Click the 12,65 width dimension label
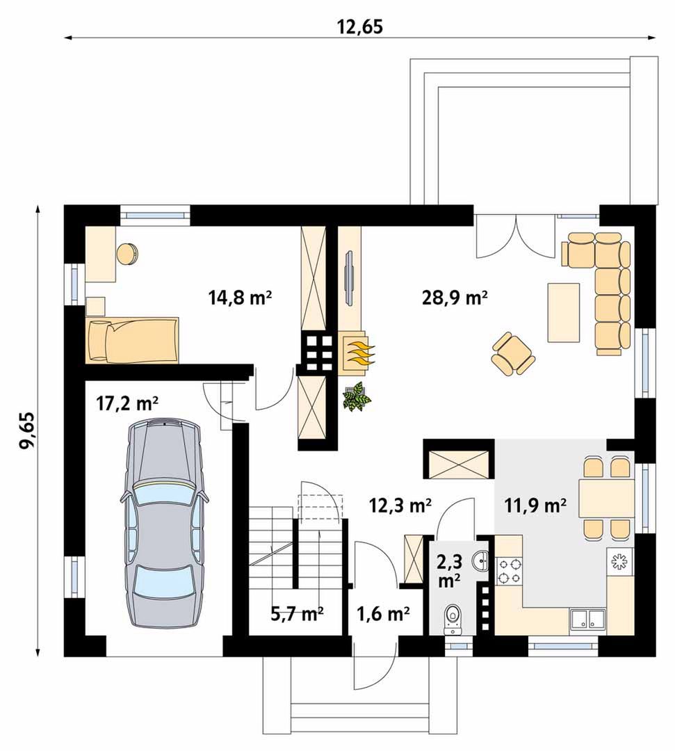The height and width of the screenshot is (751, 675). pyautogui.click(x=360, y=27)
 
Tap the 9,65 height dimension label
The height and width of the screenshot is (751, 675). pyautogui.click(x=27, y=430)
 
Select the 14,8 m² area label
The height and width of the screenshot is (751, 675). pyautogui.click(x=241, y=298)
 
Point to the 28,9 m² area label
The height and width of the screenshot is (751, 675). pyautogui.click(x=455, y=298)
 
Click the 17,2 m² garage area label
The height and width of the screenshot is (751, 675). pyautogui.click(x=127, y=404)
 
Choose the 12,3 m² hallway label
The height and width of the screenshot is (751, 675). pyautogui.click(x=400, y=505)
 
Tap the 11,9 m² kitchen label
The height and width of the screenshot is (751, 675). pyautogui.click(x=536, y=505)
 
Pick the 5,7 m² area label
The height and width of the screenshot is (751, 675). pyautogui.click(x=297, y=613)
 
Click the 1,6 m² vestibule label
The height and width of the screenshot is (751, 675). pyautogui.click(x=383, y=613)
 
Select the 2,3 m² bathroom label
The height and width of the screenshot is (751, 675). pyautogui.click(x=449, y=572)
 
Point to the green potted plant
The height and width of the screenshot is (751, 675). pyautogui.click(x=357, y=396)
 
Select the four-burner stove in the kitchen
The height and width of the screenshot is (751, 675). pyautogui.click(x=509, y=572)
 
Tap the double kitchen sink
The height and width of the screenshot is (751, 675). pyautogui.click(x=587, y=618)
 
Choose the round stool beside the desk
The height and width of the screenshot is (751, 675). pyautogui.click(x=128, y=253)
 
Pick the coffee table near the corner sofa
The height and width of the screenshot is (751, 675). pyautogui.click(x=564, y=312)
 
